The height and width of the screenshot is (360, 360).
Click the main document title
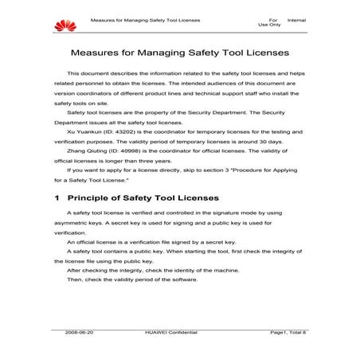click(x=179, y=56)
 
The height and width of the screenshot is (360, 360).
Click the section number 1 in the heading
click(x=57, y=196)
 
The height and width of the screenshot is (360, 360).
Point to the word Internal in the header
click(x=296, y=18)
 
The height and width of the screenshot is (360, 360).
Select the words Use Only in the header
click(x=269, y=24)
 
